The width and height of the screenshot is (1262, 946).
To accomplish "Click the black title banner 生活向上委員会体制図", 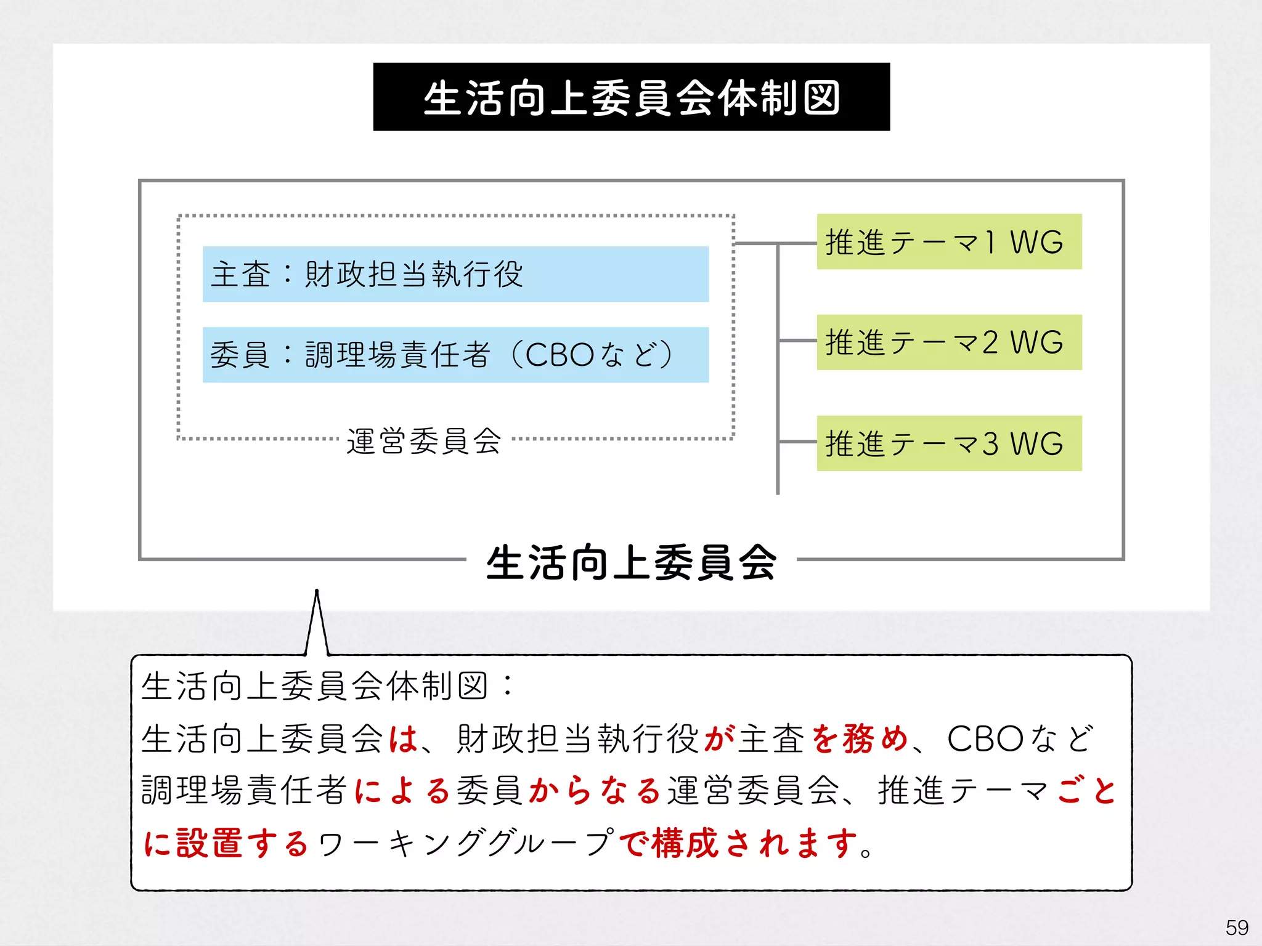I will pyautogui.click(x=631, y=97).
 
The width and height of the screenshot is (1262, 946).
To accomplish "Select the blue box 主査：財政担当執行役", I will pyautogui.click(x=455, y=274).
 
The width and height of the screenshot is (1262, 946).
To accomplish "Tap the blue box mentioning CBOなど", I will pyautogui.click(x=455, y=355).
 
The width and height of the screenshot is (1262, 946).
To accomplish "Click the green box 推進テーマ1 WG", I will pyautogui.click(x=949, y=241).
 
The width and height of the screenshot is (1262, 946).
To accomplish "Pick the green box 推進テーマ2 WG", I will pyautogui.click(x=949, y=342).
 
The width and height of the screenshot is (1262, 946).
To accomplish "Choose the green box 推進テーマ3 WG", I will pyautogui.click(x=949, y=443).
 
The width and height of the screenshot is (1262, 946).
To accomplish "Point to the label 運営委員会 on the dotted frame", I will pyautogui.click(x=424, y=441).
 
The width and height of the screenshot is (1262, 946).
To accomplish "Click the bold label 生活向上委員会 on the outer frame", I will pyautogui.click(x=631, y=562).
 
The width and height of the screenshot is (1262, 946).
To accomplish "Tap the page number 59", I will pyautogui.click(x=1237, y=928).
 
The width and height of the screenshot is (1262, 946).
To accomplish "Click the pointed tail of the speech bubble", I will pyautogui.click(x=317, y=616).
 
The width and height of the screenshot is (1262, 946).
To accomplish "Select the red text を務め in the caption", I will pyautogui.click(x=860, y=738).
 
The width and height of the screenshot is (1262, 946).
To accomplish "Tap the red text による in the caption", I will pyautogui.click(x=403, y=791).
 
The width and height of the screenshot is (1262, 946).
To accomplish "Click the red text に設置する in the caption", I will pyautogui.click(x=226, y=843).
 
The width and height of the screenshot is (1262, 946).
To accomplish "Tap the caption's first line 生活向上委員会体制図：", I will pyautogui.click(x=327, y=686).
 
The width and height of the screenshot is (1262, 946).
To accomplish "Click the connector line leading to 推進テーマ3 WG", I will pyautogui.click(x=798, y=442).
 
